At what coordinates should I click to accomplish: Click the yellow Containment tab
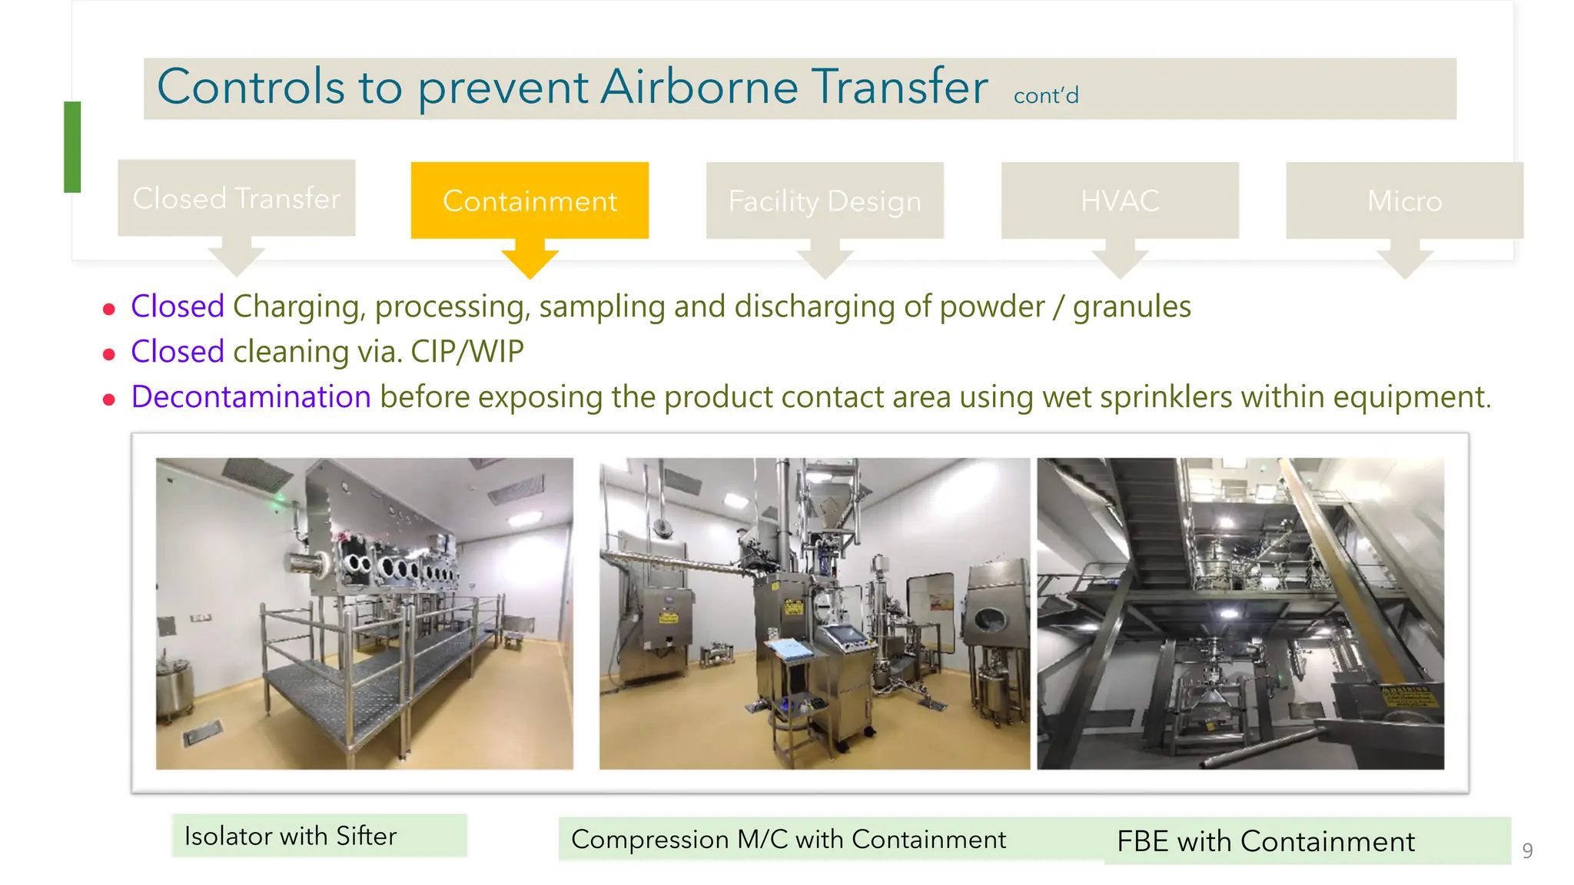530,201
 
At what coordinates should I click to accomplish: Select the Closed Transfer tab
236,198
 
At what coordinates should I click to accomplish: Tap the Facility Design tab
825,201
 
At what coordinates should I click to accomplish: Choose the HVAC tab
1120,201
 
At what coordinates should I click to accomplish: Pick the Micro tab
1404,201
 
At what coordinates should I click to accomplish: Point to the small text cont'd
1046,96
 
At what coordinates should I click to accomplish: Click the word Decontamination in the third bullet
251,397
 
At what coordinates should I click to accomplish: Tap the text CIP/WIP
467,352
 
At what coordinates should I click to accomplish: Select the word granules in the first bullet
1131,307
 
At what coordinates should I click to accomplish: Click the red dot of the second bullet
109,355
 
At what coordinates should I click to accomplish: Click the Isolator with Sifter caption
291,836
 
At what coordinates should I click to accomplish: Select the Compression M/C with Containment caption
789,839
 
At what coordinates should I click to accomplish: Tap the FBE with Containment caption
1266,841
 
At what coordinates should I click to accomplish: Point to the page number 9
1527,850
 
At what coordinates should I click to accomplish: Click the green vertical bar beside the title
72,147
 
